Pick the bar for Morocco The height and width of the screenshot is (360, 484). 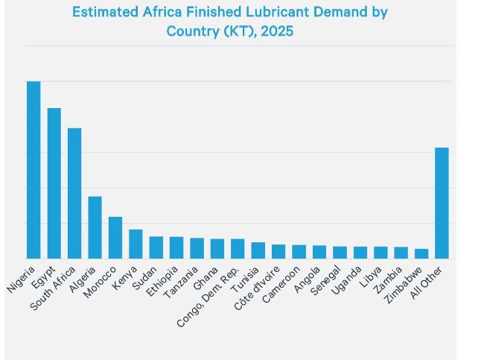coord(115,238)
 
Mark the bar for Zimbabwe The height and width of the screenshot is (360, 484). coord(421,253)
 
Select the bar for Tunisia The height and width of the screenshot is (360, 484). coord(258,250)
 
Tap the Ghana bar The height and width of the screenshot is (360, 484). coord(217,249)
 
